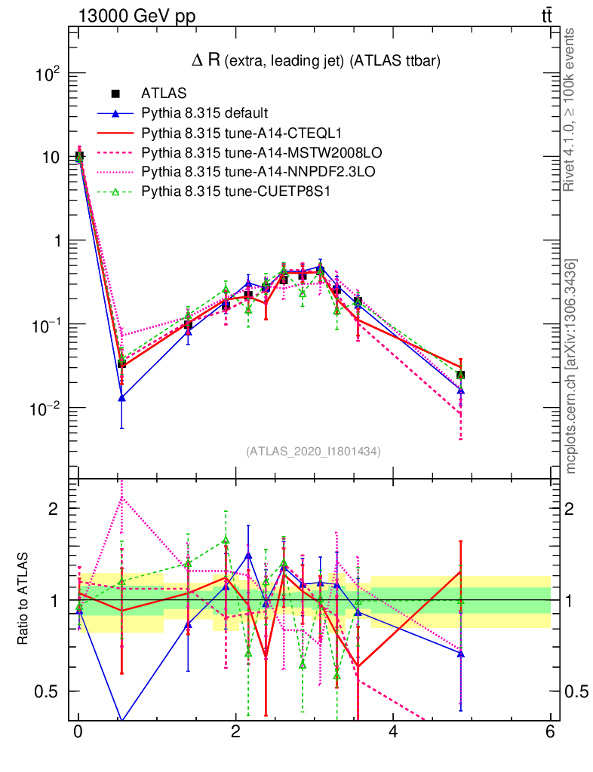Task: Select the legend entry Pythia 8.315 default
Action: (204, 114)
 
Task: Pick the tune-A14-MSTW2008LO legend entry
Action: (235, 153)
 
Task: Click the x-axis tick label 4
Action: (393, 732)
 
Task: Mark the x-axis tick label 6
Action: (550, 732)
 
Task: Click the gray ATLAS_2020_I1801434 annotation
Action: (313, 452)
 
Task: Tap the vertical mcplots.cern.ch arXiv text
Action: (571, 366)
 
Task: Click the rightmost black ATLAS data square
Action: (460, 375)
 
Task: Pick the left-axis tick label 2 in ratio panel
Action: (54, 508)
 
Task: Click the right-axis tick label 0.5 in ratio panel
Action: (576, 691)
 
